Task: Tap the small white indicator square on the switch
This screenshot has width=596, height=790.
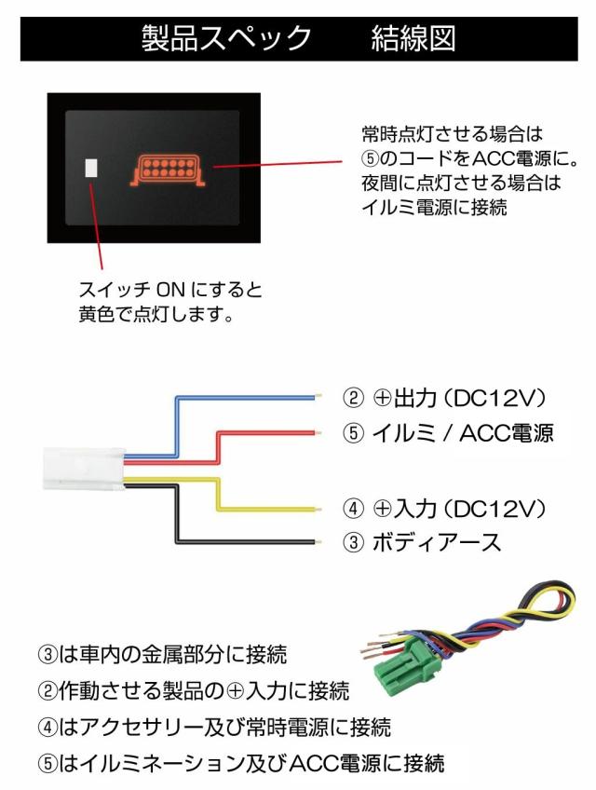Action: coord(91,168)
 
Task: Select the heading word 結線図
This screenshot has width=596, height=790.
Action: coord(413,38)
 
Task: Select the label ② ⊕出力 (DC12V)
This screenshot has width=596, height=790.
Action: coord(443,398)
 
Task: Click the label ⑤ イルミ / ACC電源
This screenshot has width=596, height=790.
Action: coord(449,432)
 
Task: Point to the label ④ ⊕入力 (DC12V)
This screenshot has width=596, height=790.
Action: coord(443,509)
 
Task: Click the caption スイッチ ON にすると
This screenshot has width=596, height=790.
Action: coord(170,290)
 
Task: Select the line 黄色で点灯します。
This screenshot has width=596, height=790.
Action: coord(155,315)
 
